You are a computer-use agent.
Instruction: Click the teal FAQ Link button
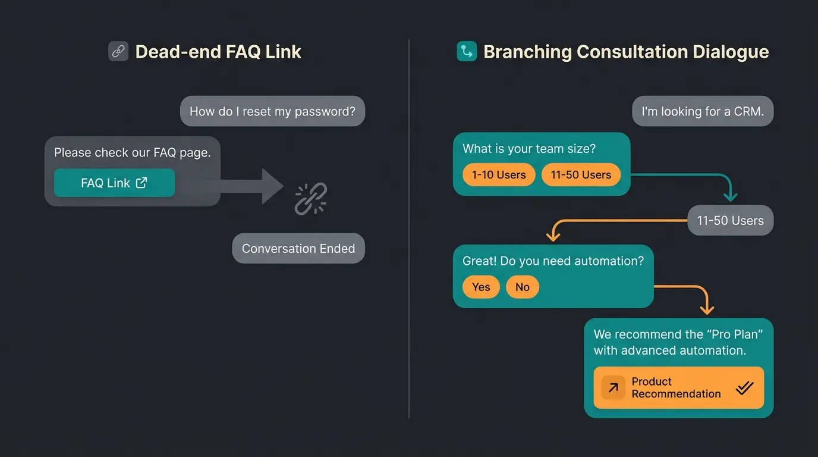click(x=114, y=183)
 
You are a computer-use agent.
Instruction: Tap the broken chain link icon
click(x=310, y=199)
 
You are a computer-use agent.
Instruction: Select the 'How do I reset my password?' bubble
click(x=272, y=111)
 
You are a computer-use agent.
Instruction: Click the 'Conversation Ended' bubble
click(x=298, y=249)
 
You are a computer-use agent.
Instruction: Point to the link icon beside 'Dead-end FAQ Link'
click(x=118, y=52)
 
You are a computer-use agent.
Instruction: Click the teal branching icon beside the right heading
click(x=467, y=52)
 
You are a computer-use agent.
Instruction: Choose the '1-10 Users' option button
click(x=499, y=175)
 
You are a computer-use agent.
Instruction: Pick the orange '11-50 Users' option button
click(x=581, y=175)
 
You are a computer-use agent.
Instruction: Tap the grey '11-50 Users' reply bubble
click(x=730, y=221)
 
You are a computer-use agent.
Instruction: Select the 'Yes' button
click(x=481, y=287)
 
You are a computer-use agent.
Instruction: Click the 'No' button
click(x=522, y=287)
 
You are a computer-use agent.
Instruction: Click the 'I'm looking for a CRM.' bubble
click(x=702, y=111)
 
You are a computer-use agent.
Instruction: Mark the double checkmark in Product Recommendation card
click(x=744, y=388)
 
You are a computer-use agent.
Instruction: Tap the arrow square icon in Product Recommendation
click(x=613, y=388)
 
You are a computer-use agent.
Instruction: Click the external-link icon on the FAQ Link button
click(x=141, y=183)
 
